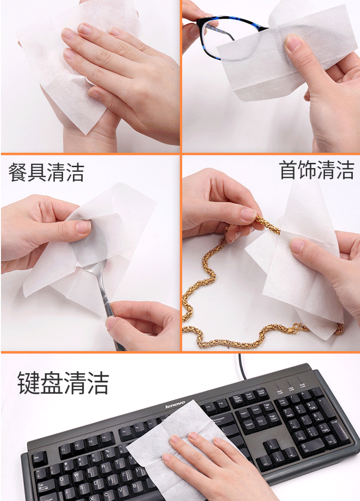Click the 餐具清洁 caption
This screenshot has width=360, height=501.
[46, 172]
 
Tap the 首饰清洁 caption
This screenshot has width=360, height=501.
[317, 170]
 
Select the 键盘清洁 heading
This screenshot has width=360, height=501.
[63, 383]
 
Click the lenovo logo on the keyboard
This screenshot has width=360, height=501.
[175, 404]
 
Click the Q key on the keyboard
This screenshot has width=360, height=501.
[64, 480]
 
